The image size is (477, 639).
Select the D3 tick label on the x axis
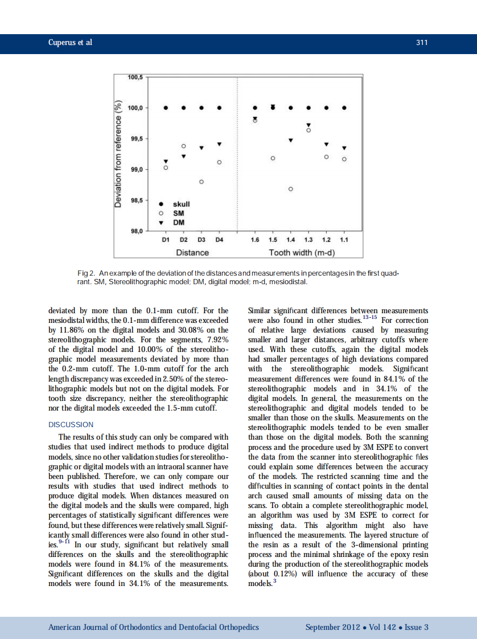(x=201, y=240)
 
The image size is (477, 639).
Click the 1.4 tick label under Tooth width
(x=290, y=240)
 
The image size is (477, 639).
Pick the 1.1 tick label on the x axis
(x=344, y=240)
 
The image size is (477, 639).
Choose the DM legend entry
(x=179, y=222)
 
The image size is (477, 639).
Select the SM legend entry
(x=178, y=213)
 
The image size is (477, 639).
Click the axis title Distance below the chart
(x=192, y=252)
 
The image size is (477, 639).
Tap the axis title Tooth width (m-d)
(x=301, y=252)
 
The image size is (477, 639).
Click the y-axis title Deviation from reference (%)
(x=119, y=154)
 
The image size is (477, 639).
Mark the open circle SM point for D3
(x=201, y=182)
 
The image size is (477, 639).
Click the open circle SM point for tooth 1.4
(x=290, y=189)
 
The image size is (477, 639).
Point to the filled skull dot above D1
(x=166, y=108)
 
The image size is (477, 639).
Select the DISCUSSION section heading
(x=71, y=424)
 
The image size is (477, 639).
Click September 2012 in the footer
(x=332, y=627)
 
